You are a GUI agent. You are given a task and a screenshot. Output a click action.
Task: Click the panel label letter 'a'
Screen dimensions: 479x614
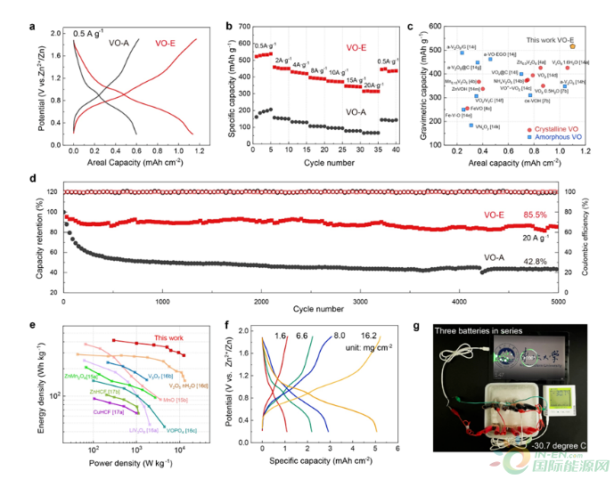click(x=34, y=26)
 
